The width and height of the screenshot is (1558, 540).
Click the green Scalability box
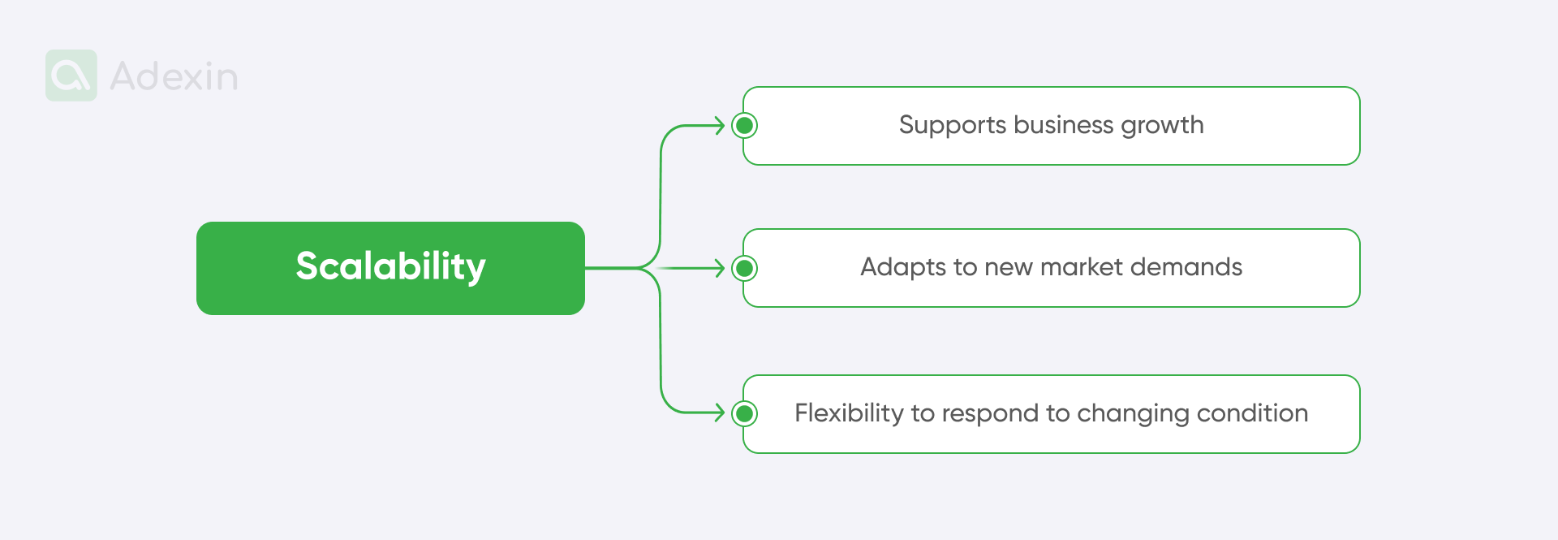coord(390,268)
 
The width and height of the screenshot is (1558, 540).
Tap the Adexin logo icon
coord(71,76)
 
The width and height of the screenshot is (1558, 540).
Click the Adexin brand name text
coord(174,76)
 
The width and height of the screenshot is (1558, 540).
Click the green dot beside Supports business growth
coord(744,126)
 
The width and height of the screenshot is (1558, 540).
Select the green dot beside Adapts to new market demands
coord(744,268)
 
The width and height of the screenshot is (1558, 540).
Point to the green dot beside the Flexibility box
coord(744,413)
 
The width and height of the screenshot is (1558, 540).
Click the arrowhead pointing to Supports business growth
coord(719,126)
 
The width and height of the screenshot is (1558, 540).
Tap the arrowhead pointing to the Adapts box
coord(719,268)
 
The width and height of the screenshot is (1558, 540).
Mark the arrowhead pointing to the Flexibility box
coord(719,413)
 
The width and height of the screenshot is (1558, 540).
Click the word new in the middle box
coord(1009,267)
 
